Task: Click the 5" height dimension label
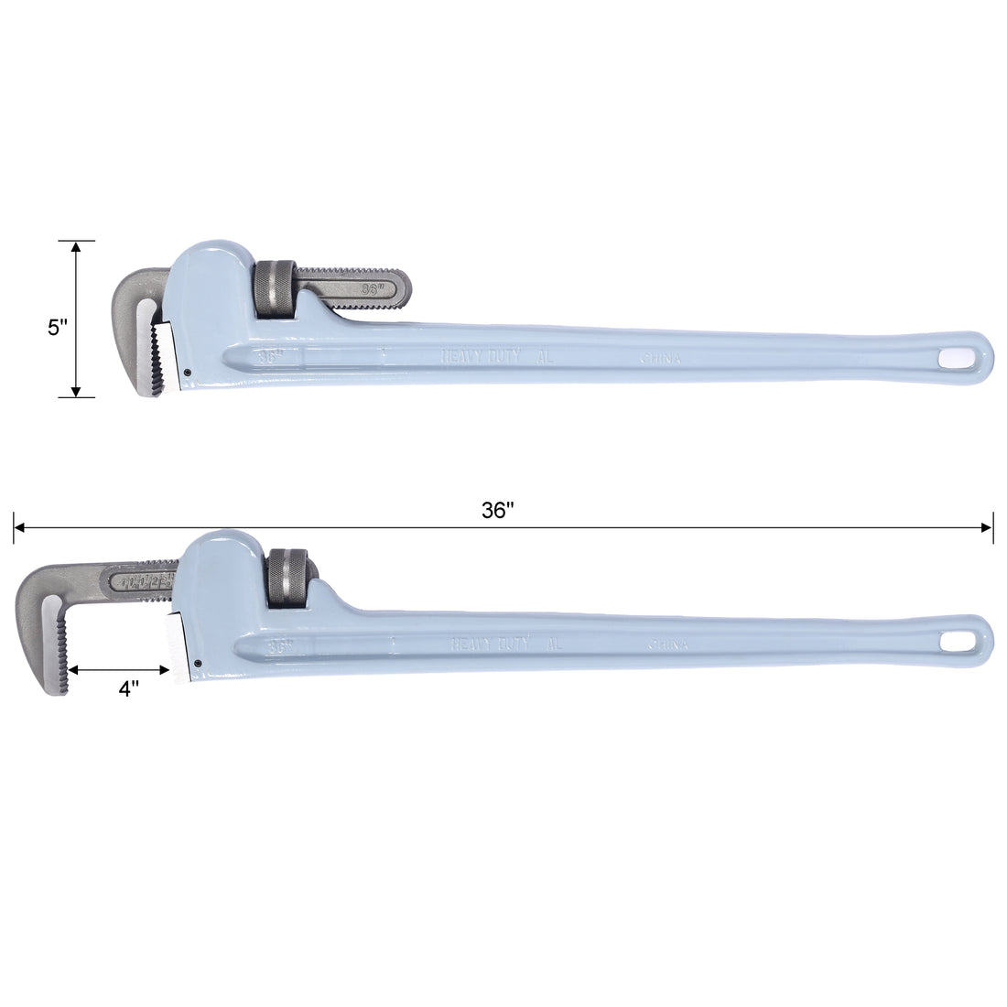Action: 58,327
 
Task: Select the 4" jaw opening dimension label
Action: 129,689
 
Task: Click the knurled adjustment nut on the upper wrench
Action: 275,291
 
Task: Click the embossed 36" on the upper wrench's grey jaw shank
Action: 372,287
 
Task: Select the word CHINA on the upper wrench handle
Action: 659,360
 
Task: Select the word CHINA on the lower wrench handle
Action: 668,644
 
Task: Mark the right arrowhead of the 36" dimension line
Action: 988,527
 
